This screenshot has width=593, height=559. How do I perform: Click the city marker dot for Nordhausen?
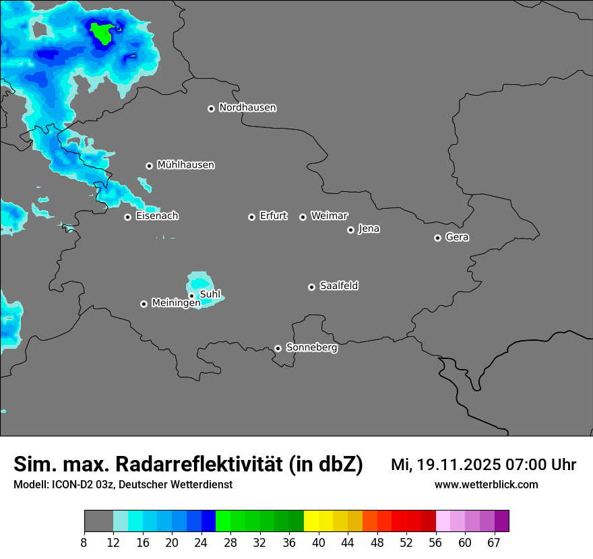(x=211, y=108)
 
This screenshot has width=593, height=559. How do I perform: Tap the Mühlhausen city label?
(x=185, y=165)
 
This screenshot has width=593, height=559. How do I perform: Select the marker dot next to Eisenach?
(x=127, y=217)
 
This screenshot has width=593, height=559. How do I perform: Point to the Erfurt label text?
(x=273, y=216)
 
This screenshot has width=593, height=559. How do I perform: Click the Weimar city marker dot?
(x=303, y=217)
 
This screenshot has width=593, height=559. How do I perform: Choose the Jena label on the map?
(x=369, y=229)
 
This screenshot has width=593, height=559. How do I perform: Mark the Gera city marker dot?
(x=437, y=238)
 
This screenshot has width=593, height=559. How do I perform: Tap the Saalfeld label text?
(x=338, y=286)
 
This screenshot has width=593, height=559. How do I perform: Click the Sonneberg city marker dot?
(x=278, y=348)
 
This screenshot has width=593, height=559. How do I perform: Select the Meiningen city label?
(x=176, y=303)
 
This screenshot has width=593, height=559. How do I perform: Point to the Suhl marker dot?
(x=191, y=296)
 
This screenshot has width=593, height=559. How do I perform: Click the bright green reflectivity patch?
(x=103, y=32)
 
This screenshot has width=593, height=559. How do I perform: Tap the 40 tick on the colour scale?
(x=319, y=542)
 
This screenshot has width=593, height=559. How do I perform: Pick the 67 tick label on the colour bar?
(x=494, y=542)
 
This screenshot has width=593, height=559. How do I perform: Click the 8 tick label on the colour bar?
(x=84, y=542)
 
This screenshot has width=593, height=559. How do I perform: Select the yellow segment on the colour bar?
(x=311, y=521)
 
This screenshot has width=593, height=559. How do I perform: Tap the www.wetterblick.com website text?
(x=486, y=484)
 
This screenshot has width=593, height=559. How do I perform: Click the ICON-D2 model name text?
(x=68, y=484)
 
